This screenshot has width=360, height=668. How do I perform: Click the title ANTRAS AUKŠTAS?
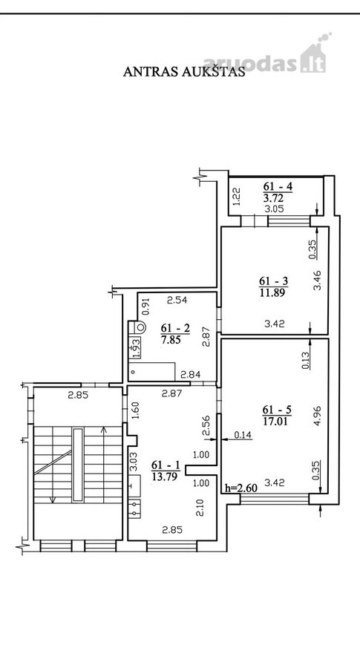(184, 71)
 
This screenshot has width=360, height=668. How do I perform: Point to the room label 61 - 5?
(277, 410)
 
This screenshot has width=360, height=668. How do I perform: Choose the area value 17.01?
(277, 422)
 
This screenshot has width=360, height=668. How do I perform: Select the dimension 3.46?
(318, 281)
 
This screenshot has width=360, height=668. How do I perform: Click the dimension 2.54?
(177, 301)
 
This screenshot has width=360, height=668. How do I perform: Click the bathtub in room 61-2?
(152, 372)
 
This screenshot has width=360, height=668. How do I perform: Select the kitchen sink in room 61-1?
(134, 508)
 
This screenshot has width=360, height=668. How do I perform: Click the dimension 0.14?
(243, 435)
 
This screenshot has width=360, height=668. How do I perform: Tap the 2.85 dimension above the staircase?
(78, 395)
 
